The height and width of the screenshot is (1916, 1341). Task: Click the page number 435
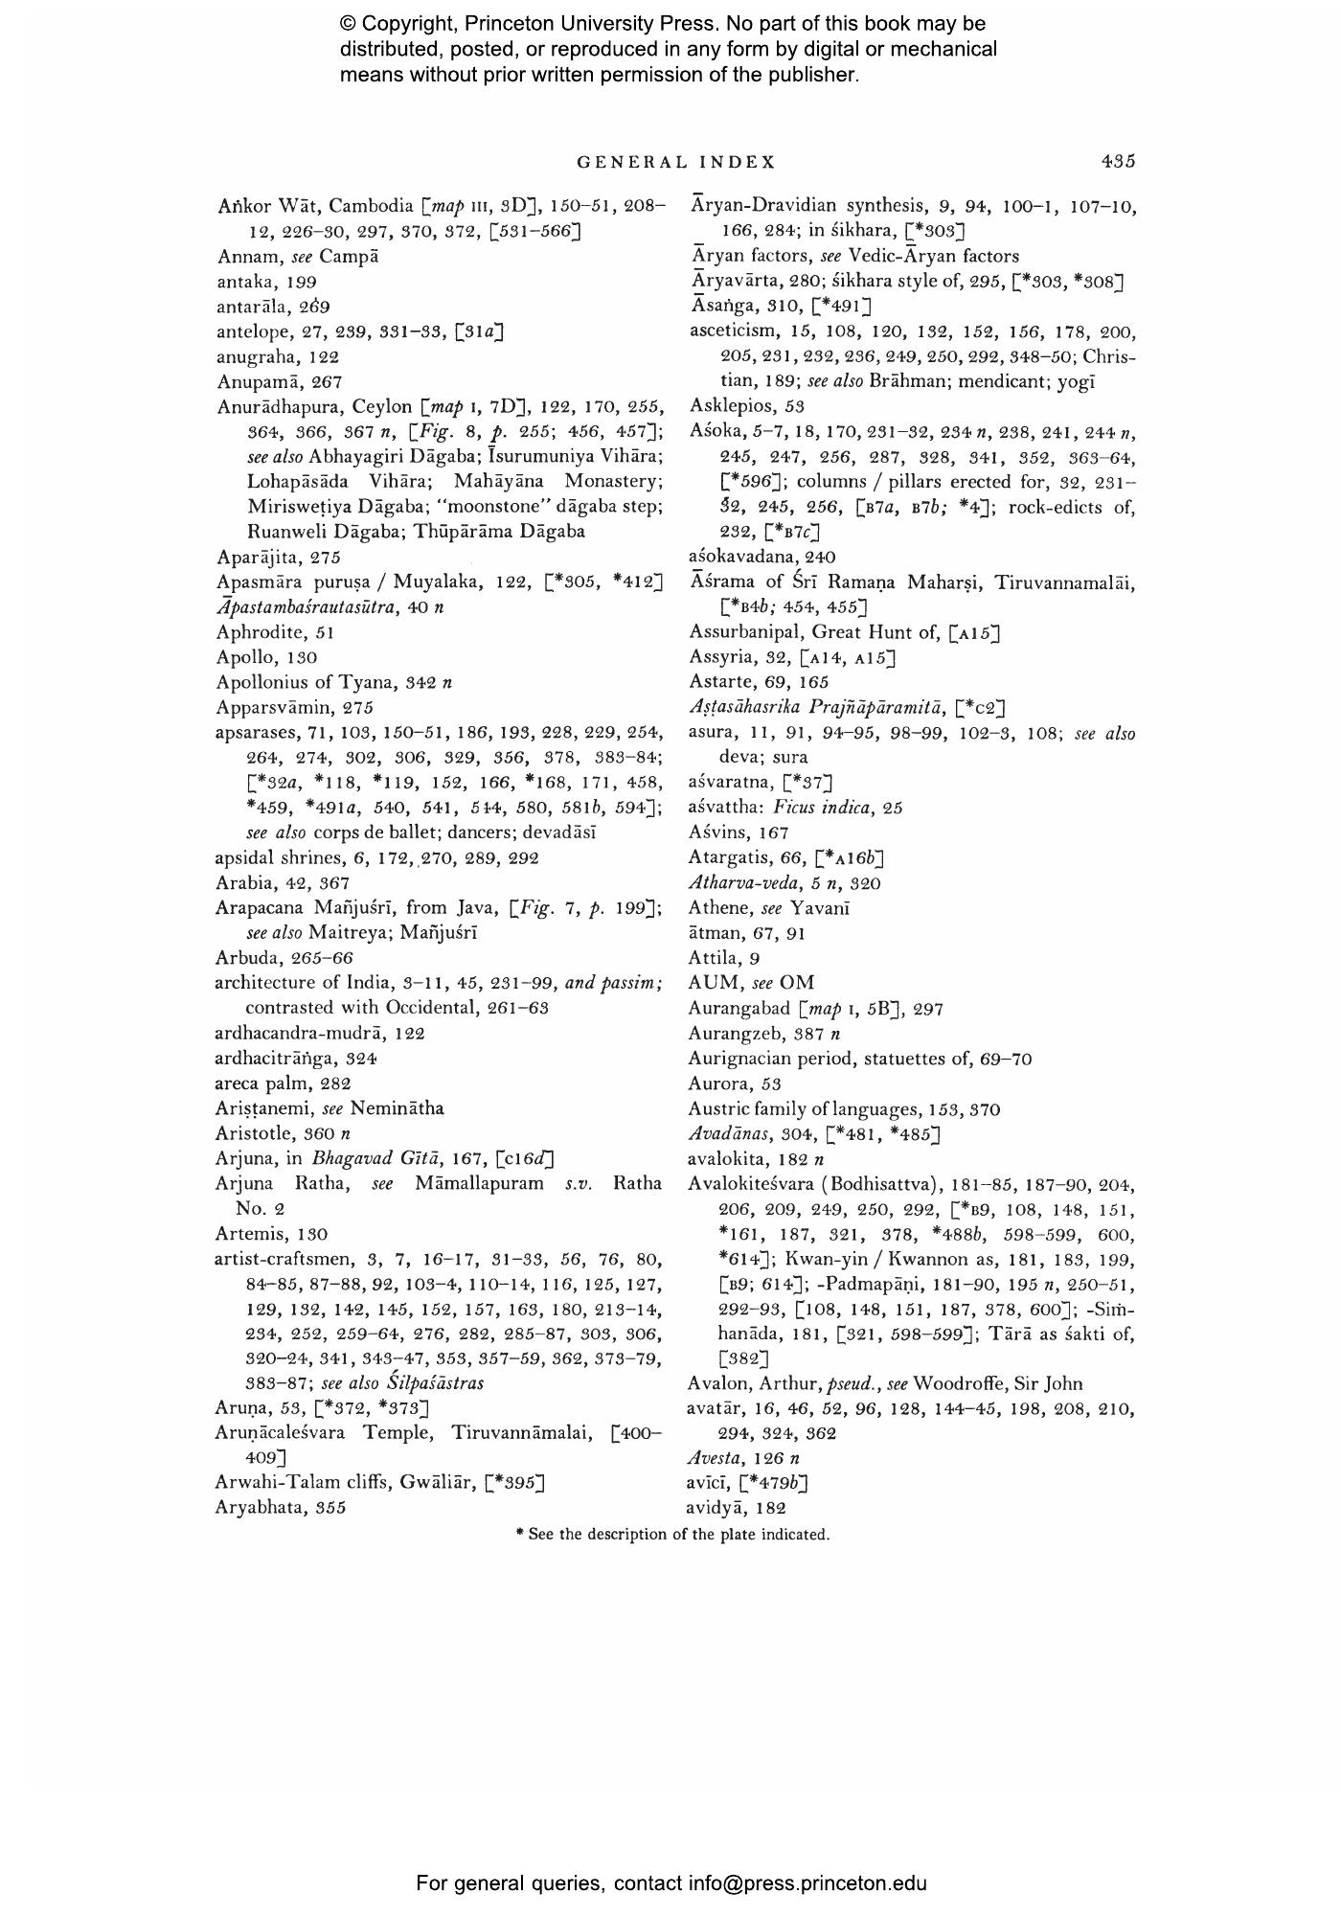pos(1118,162)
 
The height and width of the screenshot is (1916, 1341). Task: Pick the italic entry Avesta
pos(716,1458)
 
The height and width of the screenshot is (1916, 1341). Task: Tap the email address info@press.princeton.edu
pos(807,1883)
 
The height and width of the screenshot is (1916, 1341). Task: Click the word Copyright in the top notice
pos(408,24)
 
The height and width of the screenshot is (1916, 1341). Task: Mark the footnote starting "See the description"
pos(672,1535)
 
